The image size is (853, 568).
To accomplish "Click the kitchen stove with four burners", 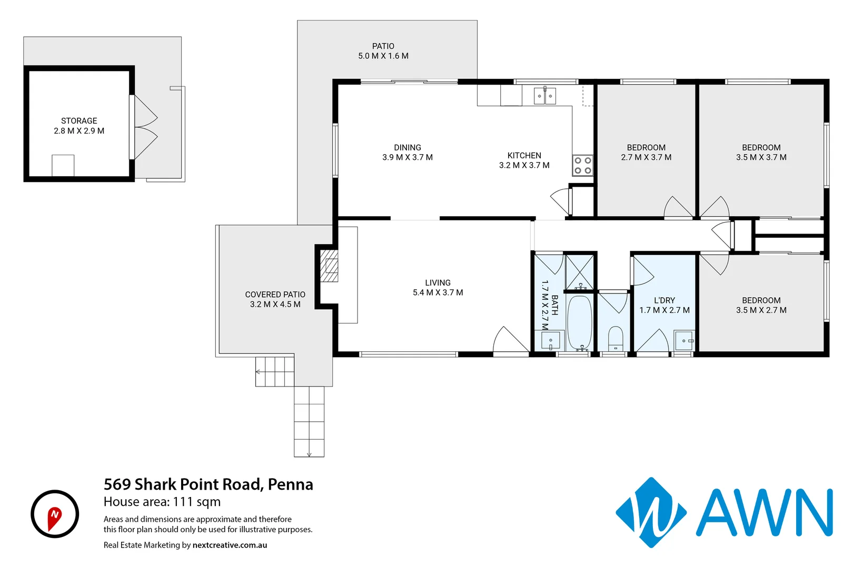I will coord(582,165).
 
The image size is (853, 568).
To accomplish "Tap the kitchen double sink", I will coord(544,96).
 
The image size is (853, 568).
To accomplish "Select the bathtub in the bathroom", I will coord(580,322).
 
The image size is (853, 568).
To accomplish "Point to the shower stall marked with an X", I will coord(579,271).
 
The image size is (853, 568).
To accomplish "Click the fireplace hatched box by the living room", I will coord(331,270).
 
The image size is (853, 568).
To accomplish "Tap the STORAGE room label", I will coord(79,121).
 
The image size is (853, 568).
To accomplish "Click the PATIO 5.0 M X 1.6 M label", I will coord(383,51).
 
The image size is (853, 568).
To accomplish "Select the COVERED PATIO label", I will coord(275,295).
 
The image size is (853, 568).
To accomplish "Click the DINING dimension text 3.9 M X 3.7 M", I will coord(408,157).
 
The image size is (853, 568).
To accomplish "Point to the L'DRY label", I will coord(664,300).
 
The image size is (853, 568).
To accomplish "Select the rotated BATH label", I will coord(554,305).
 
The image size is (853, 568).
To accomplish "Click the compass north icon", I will coord(55,514).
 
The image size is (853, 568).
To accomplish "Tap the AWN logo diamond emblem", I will coord(651,513).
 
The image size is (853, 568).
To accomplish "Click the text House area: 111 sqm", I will coord(162,502).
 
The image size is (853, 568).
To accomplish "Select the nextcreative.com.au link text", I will coord(230,545).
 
